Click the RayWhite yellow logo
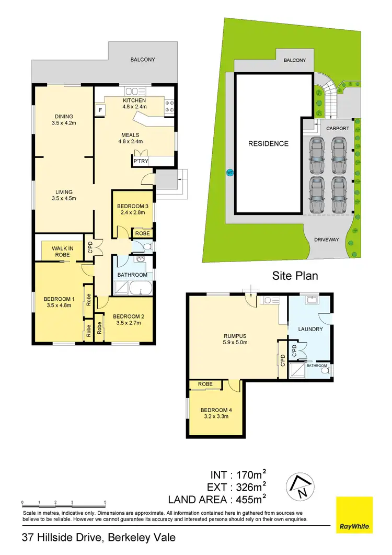(354, 515)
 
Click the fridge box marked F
(100, 110)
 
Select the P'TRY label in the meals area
(141, 162)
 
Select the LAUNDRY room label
(310, 329)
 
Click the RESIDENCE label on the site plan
(268, 143)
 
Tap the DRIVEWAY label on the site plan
(327, 240)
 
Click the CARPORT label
(337, 128)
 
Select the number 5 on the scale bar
(106, 502)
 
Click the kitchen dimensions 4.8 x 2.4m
(134, 108)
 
